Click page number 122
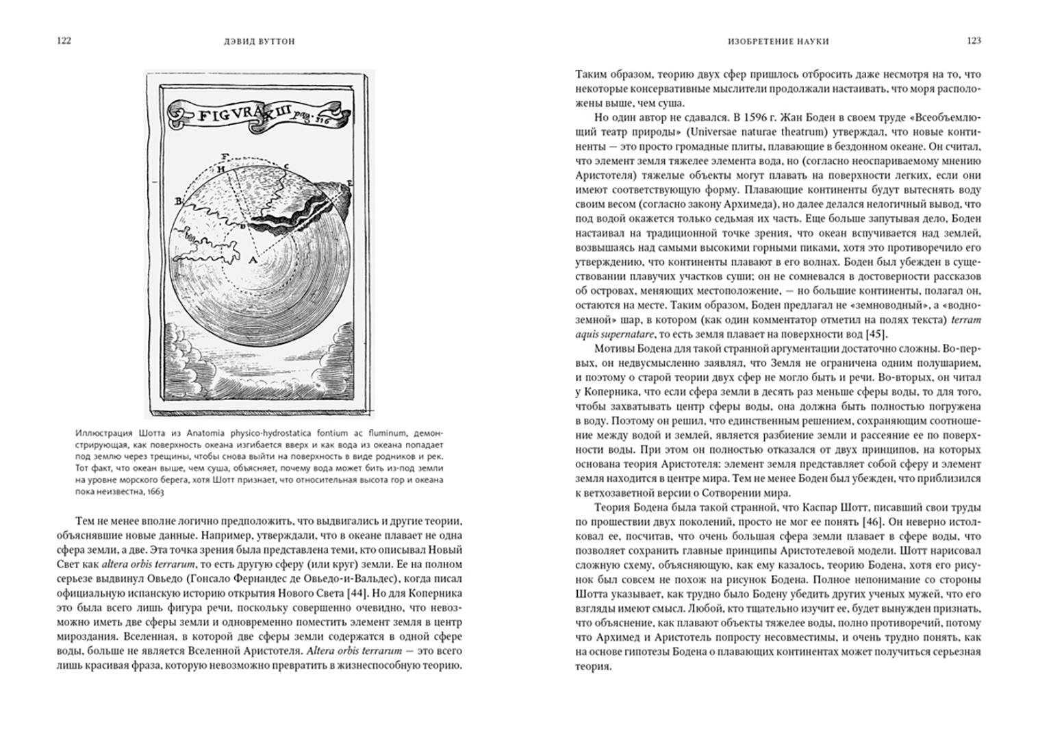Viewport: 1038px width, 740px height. coord(64,41)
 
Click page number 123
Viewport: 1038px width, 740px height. coord(974,41)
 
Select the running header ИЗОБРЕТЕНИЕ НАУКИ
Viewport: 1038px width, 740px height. coord(778,42)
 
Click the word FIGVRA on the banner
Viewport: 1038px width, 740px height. coord(227,115)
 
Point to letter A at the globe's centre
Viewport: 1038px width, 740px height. coord(251,261)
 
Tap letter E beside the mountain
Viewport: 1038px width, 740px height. coord(349,184)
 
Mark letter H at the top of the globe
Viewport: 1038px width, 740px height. coord(220,169)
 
